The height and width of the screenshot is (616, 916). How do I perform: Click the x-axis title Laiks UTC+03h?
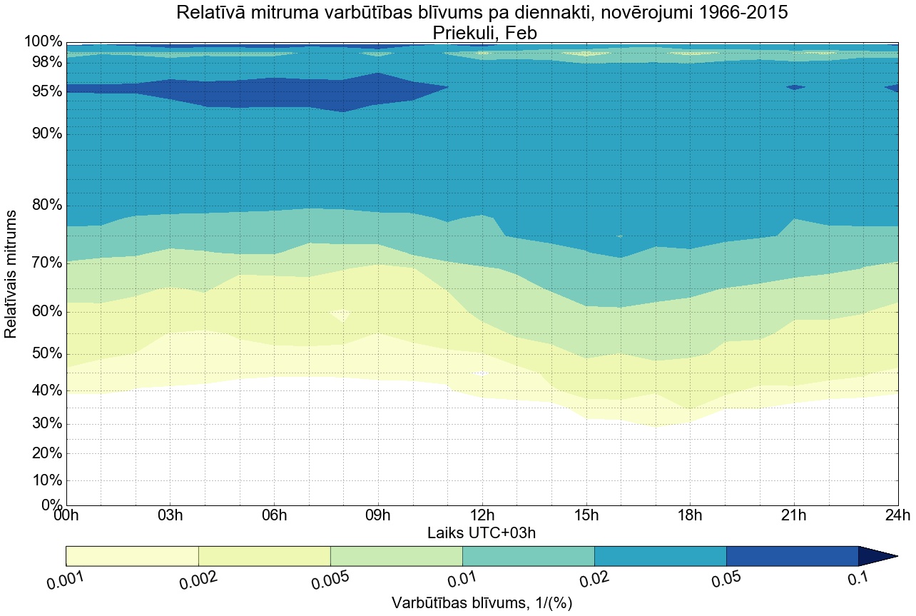pyautogui.click(x=482, y=532)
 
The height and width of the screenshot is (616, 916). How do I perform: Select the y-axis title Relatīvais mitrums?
pyautogui.click(x=11, y=274)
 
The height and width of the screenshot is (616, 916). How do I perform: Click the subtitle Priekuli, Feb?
pyautogui.click(x=482, y=33)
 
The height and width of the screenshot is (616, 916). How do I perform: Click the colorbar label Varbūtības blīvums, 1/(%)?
pyautogui.click(x=482, y=602)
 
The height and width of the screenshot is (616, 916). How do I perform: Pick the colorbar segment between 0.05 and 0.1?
pyautogui.click(x=792, y=556)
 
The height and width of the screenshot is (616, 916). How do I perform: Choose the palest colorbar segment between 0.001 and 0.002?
pyautogui.click(x=132, y=556)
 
